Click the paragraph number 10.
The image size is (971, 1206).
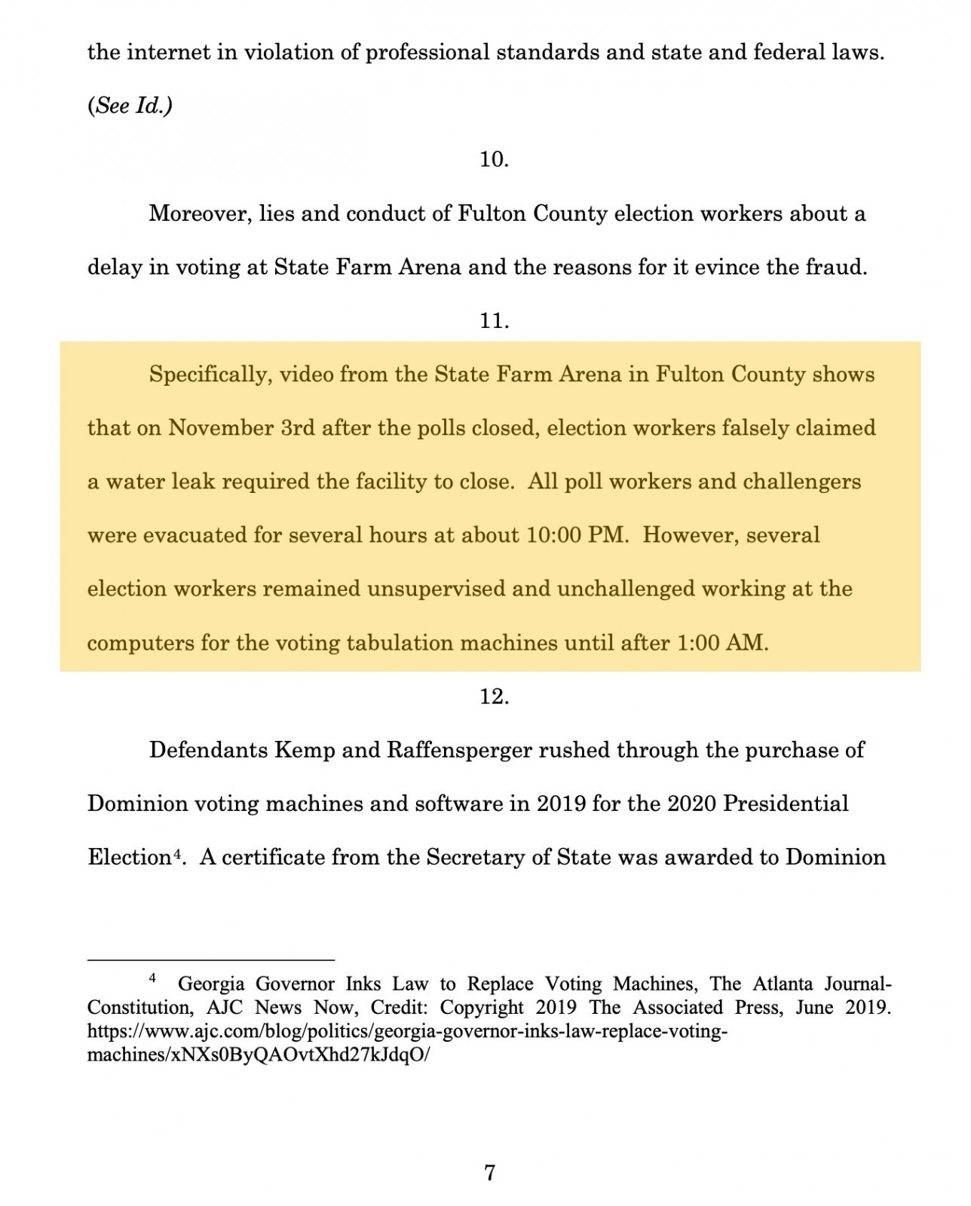tap(494, 160)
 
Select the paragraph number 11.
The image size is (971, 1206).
tap(494, 321)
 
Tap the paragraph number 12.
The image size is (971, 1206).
tap(494, 696)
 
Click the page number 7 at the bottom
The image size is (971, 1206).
tap(490, 1173)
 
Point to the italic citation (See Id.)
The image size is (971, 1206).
tap(130, 106)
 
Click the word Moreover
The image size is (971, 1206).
tap(200, 214)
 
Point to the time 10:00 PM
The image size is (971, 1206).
tap(577, 535)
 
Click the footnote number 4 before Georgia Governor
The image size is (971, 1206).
tap(152, 978)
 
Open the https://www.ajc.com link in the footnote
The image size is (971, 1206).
tap(407, 1031)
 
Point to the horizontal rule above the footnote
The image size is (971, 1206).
tap(210, 960)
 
